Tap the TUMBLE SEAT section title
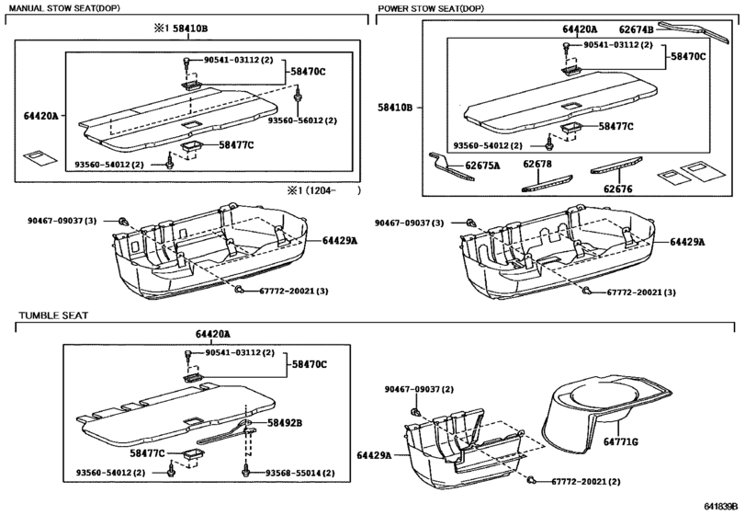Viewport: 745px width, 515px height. pyautogui.click(x=53, y=315)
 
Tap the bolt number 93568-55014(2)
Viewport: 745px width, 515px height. pyautogui.click(x=300, y=473)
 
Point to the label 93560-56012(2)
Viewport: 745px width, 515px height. pyautogui.click(x=302, y=120)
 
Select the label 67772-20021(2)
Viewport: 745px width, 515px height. pyautogui.click(x=586, y=482)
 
